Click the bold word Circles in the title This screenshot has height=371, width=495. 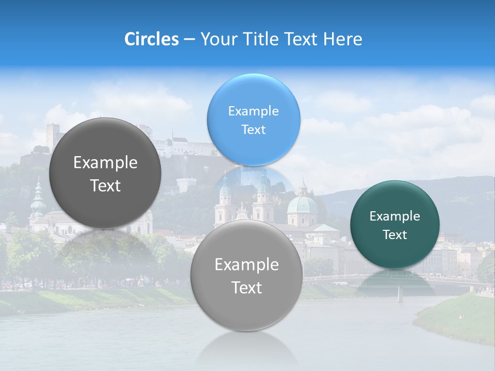click(151, 39)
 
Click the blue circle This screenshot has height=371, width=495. click(253, 120)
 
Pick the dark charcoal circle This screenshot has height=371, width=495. click(105, 173)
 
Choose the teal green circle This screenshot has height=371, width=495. click(394, 225)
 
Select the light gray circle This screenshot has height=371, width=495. click(246, 276)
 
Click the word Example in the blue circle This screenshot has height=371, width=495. click(253, 111)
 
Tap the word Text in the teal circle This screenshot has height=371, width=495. click(394, 235)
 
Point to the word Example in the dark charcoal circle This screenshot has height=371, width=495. click(105, 163)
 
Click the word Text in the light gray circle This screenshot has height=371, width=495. click(246, 288)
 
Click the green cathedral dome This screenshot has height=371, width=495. click(302, 204)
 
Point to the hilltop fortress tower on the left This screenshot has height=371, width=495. click(52, 135)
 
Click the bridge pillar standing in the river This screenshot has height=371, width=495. click(400, 294)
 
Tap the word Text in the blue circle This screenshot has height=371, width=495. click(253, 130)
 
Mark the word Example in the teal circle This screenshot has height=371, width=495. click(394, 216)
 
